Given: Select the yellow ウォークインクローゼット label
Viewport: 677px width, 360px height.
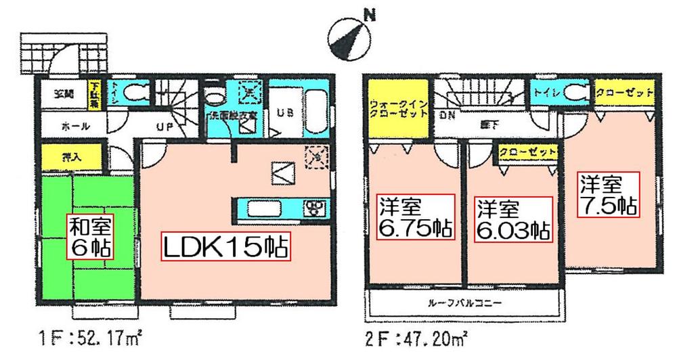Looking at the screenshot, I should [x=398, y=110].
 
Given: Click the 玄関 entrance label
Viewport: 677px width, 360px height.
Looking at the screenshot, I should [x=62, y=94].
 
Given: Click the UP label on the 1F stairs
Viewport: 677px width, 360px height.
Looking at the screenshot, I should [x=165, y=127].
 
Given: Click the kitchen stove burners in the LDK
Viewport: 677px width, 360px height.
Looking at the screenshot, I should [x=316, y=206].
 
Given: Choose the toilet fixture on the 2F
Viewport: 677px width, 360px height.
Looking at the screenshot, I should [x=576, y=92].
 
